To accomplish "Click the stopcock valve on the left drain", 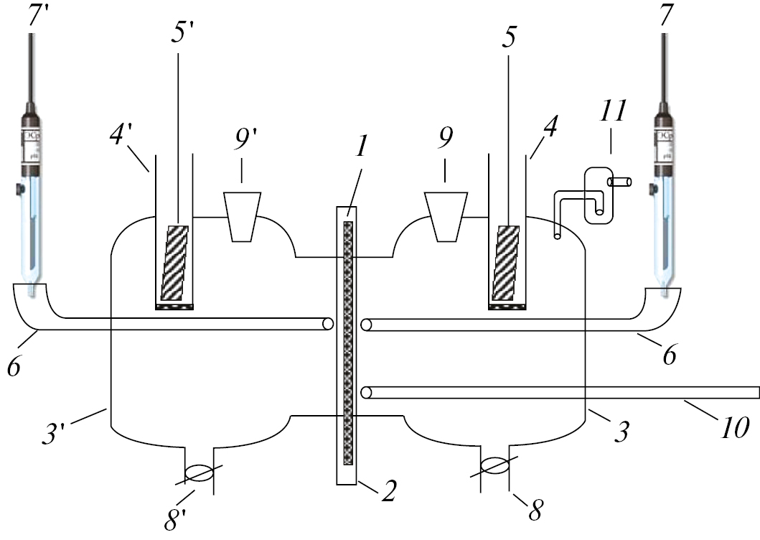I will point(200,472).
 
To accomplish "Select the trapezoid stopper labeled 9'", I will point(241,215).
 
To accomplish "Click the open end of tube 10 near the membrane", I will point(366,392).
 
